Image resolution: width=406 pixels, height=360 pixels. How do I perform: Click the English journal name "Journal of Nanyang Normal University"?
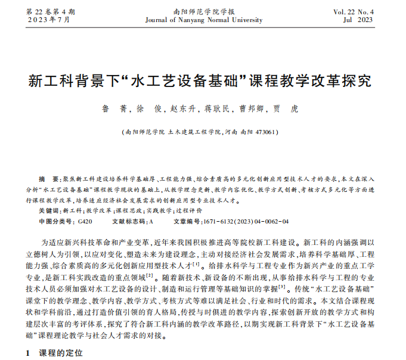point(203,20)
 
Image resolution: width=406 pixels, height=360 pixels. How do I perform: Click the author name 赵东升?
point(184,110)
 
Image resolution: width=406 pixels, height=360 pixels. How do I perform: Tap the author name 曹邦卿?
point(251,110)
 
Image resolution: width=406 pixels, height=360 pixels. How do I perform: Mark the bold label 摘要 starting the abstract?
point(45,179)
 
